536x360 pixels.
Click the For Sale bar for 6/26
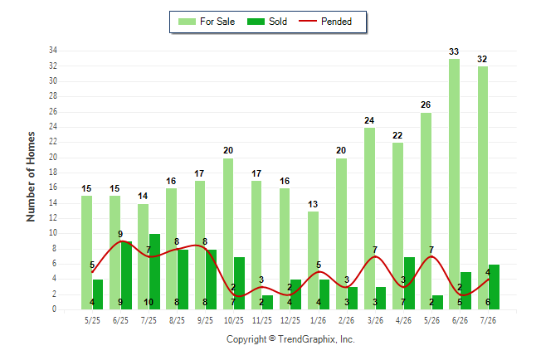[454, 184]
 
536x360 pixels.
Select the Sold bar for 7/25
[154, 272]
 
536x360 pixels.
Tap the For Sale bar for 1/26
[313, 260]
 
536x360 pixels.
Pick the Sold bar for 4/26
[409, 284]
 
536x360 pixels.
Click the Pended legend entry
[325, 22]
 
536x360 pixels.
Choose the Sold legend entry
[267, 22]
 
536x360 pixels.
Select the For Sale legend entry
[207, 22]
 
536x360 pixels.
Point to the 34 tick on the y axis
[53, 51]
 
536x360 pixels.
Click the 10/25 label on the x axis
[234, 320]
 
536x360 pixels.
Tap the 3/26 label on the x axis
[375, 320]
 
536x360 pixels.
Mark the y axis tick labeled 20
[53, 158]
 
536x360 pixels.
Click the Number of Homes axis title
[31, 177]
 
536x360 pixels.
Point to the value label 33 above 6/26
[454, 51]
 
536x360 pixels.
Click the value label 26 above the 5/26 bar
[426, 105]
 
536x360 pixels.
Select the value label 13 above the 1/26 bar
[313, 204]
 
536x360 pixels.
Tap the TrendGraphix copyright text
[290, 339]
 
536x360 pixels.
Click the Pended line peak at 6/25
[121, 241]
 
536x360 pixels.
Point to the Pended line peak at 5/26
[431, 256]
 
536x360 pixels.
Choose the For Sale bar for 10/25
[228, 234]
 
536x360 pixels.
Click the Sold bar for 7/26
[494, 287]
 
